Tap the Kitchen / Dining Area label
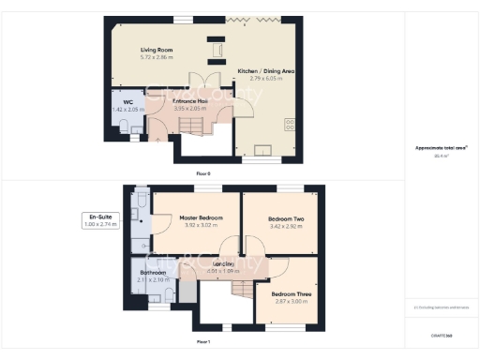click(x=267, y=71)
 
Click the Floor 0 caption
click(x=202, y=173)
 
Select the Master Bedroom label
click(x=201, y=217)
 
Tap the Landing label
click(x=223, y=265)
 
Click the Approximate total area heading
click(x=439, y=149)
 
